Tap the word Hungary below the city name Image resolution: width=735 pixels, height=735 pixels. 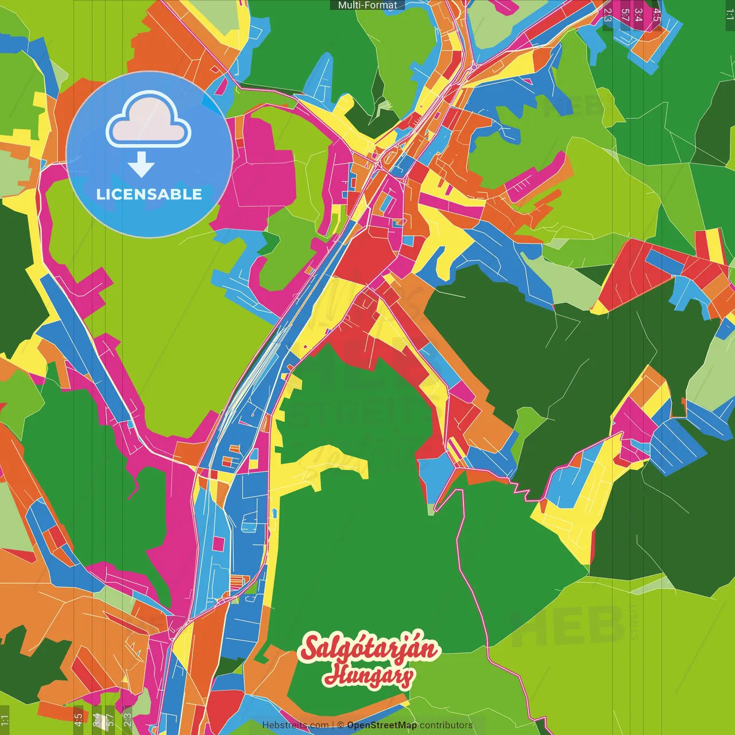click(x=368, y=676)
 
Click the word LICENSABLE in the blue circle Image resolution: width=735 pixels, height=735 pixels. click(x=149, y=194)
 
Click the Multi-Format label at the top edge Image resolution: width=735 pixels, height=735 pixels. click(x=367, y=5)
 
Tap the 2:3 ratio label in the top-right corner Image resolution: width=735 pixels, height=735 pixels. click(x=608, y=15)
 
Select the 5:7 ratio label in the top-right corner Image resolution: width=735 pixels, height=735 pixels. click(x=625, y=15)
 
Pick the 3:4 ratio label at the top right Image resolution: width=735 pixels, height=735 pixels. click(x=639, y=15)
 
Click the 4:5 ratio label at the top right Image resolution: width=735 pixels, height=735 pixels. click(x=656, y=15)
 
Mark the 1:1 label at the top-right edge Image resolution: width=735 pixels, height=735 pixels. click(x=729, y=14)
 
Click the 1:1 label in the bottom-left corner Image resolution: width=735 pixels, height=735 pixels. click(x=5, y=719)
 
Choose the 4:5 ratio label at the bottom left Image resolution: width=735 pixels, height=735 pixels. click(x=78, y=719)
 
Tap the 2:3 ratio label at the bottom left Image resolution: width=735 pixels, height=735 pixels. click(x=127, y=719)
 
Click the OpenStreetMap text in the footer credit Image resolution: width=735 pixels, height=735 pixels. click(x=382, y=725)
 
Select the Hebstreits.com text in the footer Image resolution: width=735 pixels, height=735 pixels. click(x=295, y=725)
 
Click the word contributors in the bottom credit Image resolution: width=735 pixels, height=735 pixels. click(x=446, y=725)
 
